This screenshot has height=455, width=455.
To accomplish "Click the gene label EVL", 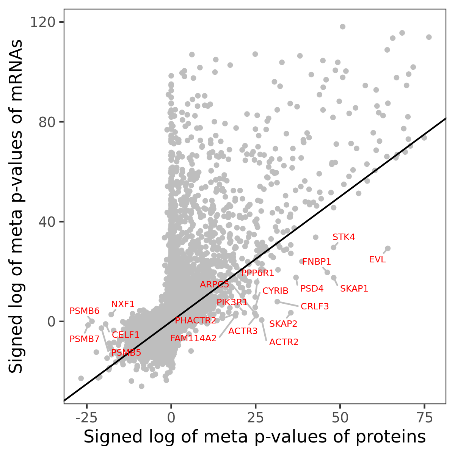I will (377, 260).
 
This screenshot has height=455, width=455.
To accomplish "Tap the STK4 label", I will (344, 237).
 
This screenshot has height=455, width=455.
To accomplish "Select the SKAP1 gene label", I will (354, 289).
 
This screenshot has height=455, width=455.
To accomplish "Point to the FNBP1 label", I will (317, 262).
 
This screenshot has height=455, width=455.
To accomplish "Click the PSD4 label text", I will (312, 289).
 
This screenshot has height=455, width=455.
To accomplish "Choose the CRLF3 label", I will (315, 306).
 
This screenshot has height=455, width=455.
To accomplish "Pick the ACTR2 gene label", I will (284, 342).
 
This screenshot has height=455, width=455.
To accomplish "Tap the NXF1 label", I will (123, 304).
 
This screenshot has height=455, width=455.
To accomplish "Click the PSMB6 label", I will (85, 311).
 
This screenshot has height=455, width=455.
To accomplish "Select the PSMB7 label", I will (85, 339).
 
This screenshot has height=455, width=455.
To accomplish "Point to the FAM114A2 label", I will (193, 338).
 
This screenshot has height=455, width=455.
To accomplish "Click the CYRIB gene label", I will (275, 291).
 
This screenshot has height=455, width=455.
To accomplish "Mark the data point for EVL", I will (388, 249).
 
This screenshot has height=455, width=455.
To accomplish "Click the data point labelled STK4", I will (334, 248).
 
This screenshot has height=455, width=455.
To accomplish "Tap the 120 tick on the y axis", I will (42, 22).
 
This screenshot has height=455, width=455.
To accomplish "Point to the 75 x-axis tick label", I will (424, 418).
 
